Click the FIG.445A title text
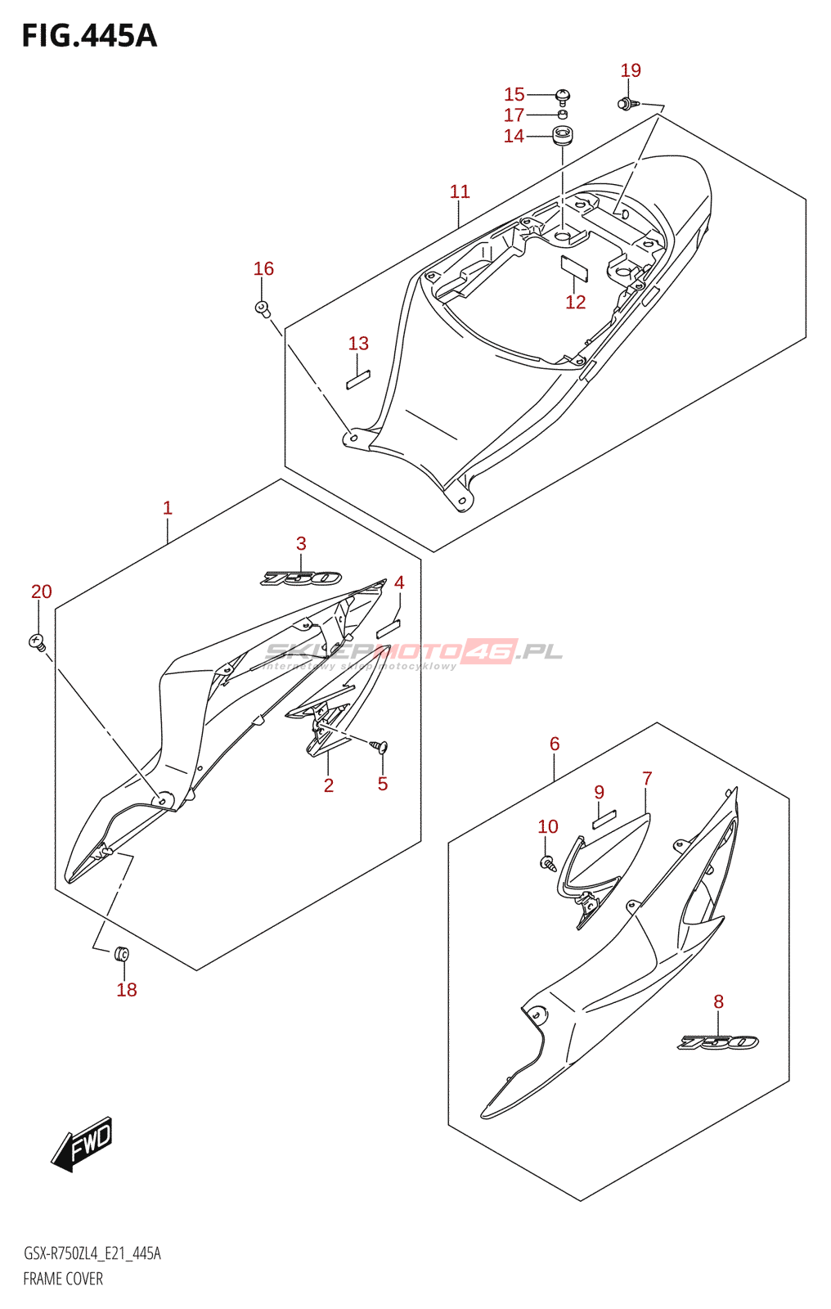(x=89, y=36)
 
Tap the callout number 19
(x=631, y=70)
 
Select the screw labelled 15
(x=562, y=97)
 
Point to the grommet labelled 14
(x=562, y=136)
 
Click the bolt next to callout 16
(x=262, y=308)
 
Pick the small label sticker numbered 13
(x=358, y=380)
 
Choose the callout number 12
(x=576, y=302)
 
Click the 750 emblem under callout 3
(x=301, y=578)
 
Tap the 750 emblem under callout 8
(x=718, y=1042)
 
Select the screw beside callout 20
(x=37, y=641)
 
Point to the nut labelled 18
(x=122, y=953)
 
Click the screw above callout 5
(x=380, y=746)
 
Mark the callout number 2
(x=329, y=785)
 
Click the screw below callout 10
(x=546, y=861)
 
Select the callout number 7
(x=647, y=779)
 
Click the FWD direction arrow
(x=82, y=1143)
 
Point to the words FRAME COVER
(x=63, y=1279)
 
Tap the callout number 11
(x=460, y=191)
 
